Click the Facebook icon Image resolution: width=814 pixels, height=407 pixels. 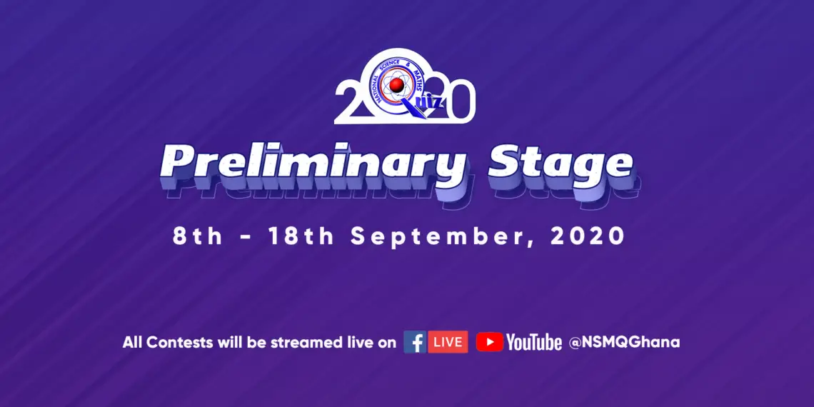pyautogui.click(x=415, y=342)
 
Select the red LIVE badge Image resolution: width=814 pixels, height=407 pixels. pyautogui.click(x=448, y=342)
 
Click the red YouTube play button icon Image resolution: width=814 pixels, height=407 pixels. pyautogui.click(x=490, y=342)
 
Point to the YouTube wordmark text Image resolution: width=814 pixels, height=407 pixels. pyautogui.click(x=534, y=343)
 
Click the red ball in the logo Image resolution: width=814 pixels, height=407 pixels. pyautogui.click(x=397, y=85)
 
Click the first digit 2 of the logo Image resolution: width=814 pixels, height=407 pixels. pyautogui.click(x=353, y=104)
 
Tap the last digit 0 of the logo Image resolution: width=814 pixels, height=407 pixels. pyautogui.click(x=458, y=104)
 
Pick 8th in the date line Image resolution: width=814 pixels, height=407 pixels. pyautogui.click(x=198, y=237)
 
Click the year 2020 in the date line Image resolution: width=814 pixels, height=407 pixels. pyautogui.click(x=587, y=237)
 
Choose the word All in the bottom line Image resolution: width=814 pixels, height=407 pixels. pyautogui.click(x=133, y=343)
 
